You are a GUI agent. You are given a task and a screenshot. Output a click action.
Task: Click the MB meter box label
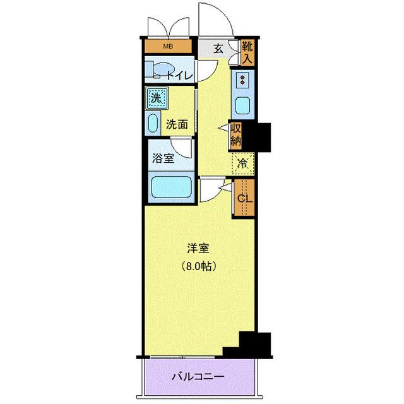pyautogui.click(x=168, y=47)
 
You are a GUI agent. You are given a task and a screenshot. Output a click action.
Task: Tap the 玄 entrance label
pyautogui.click(x=218, y=49)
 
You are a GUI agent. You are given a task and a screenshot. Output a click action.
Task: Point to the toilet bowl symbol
pyautogui.click(x=159, y=70)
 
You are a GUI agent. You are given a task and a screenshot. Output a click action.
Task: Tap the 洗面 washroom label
pyautogui.click(x=177, y=124)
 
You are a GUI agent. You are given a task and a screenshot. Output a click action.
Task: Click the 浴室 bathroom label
pyautogui.click(x=163, y=158)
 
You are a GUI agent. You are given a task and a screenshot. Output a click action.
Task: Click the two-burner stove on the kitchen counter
pyautogui.click(x=242, y=81)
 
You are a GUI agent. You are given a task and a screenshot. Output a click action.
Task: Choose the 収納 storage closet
pyautogui.click(x=235, y=134)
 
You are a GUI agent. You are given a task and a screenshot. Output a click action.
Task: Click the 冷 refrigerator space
pyautogui.click(x=242, y=163)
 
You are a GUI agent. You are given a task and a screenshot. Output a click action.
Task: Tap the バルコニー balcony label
pyautogui.click(x=198, y=377)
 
